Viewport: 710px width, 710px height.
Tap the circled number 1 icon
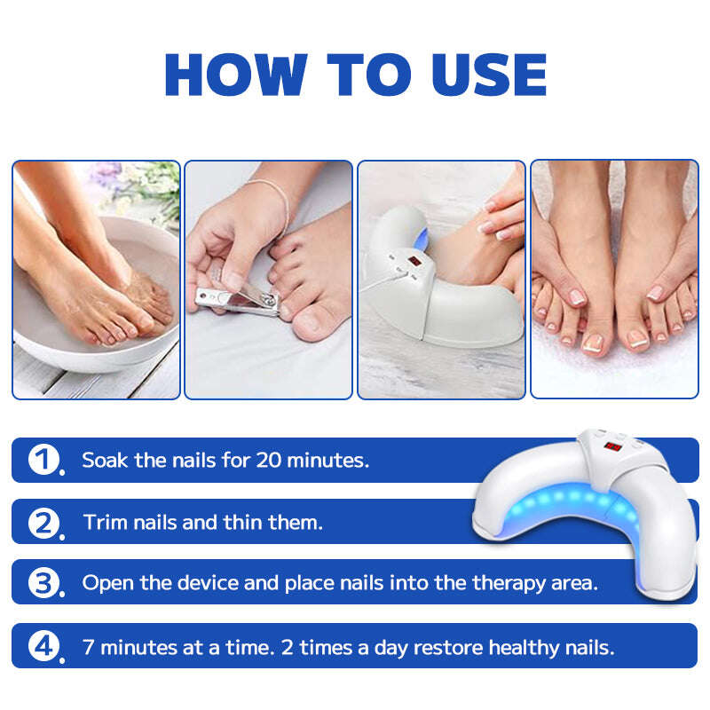43,460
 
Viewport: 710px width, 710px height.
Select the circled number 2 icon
43,522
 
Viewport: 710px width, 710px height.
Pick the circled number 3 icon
43,583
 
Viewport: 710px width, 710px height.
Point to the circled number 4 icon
43,646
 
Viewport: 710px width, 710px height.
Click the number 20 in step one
268,460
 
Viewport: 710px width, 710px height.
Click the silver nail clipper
235,300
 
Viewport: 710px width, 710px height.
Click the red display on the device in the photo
414,263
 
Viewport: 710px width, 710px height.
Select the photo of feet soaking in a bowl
96,279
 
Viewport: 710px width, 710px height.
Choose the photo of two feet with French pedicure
614,279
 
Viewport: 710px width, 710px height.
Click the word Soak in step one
102,460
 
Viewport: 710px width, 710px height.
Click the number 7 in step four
88,646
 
